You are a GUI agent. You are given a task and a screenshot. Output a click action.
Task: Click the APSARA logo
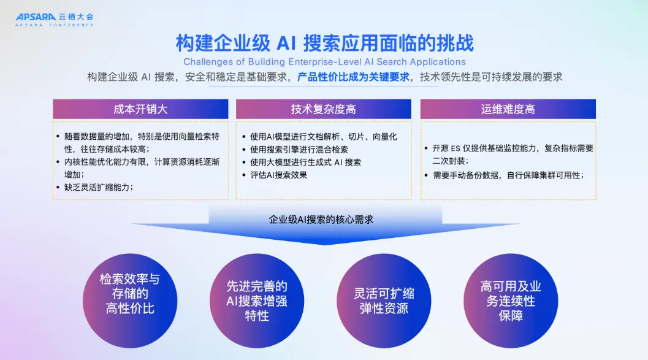pos(55,20)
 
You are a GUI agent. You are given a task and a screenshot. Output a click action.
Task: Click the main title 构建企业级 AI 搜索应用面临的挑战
pos(325,43)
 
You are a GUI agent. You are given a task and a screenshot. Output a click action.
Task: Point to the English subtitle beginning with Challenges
pos(324,62)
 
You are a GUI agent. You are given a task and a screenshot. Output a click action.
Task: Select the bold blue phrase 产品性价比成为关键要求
pos(353,77)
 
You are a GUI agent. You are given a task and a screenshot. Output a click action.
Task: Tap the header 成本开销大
pos(140,109)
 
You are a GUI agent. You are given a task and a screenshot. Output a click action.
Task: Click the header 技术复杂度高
pos(324,109)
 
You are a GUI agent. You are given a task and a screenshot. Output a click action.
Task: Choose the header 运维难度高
pos(508,109)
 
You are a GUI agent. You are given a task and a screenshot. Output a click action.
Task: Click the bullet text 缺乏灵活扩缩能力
pos(99,187)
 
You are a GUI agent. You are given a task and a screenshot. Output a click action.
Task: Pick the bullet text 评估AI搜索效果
pos(278,175)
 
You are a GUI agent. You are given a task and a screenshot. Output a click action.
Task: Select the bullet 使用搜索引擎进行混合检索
pos(299,149)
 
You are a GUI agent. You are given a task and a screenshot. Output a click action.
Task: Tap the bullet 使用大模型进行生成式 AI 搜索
pos(305,162)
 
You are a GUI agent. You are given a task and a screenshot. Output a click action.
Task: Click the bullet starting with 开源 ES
pos(513,154)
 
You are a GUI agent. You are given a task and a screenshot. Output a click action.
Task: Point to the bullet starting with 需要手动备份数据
pos(508,175)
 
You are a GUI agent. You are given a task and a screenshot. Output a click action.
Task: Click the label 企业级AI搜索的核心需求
pos(321,220)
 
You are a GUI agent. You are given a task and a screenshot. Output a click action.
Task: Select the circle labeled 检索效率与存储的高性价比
pos(130,301)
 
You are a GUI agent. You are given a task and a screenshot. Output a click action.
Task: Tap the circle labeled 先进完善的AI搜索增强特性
pos(257,301)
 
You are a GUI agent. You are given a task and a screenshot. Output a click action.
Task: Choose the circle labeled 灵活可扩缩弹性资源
pos(384,301)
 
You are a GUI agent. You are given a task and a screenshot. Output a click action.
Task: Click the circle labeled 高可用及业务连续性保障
pos(511,301)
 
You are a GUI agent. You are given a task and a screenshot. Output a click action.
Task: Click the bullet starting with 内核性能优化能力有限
pos(142,168)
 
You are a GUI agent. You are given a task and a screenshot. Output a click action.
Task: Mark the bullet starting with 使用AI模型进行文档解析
pos(323,136)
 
